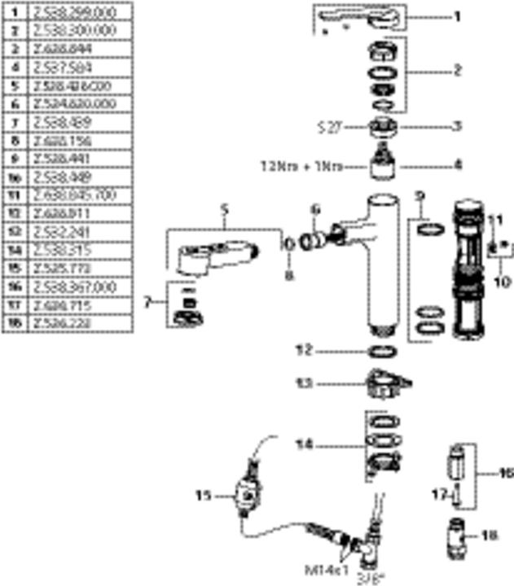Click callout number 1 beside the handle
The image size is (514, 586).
(x=457, y=15)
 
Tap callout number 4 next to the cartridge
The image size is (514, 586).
(x=458, y=164)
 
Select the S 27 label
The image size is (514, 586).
(x=329, y=126)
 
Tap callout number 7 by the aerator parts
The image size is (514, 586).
(x=147, y=302)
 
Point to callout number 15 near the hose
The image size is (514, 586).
(x=204, y=493)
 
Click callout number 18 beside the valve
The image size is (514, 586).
(x=490, y=535)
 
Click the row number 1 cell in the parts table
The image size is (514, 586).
(x=15, y=13)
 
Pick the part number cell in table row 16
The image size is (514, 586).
(x=81, y=287)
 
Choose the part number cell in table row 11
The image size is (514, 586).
(x=81, y=195)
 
